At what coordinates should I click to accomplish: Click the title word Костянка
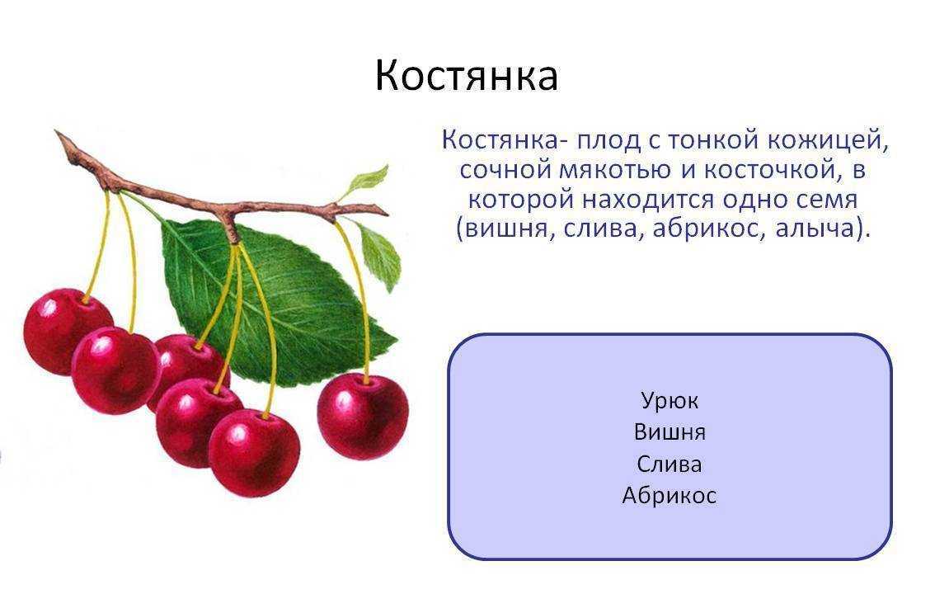pyautogui.click(x=467, y=76)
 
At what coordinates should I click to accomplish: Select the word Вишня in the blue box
pyautogui.click(x=669, y=431)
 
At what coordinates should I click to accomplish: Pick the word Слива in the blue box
pyautogui.click(x=669, y=464)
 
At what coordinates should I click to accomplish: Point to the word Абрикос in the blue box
pyautogui.click(x=669, y=496)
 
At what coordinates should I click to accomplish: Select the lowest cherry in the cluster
pyautogui.click(x=255, y=453)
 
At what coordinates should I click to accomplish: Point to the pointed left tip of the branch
pyautogui.click(x=57, y=132)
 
